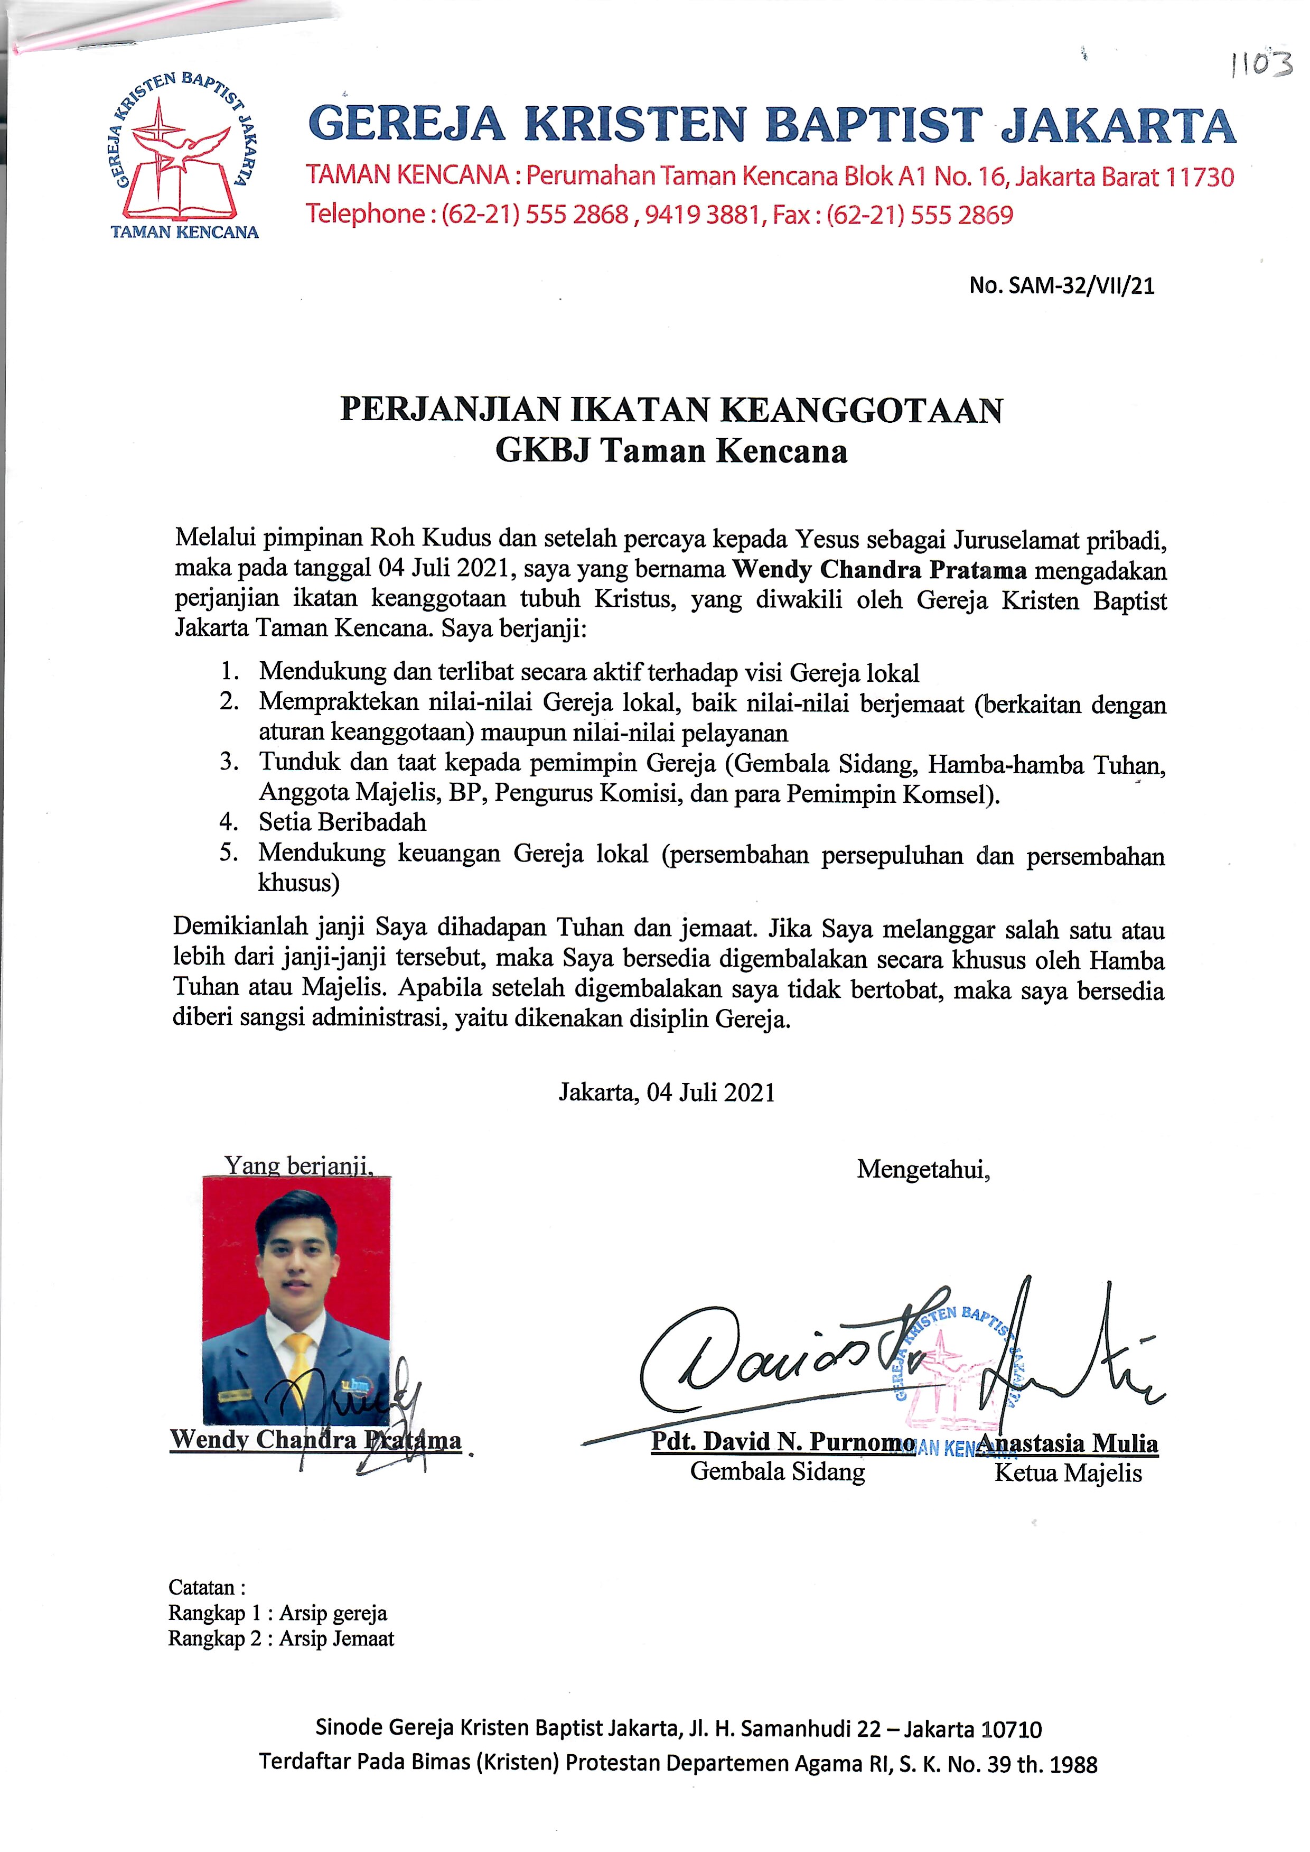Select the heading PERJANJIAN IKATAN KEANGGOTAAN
click(671, 410)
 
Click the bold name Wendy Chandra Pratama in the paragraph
click(879, 570)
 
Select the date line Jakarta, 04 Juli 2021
click(667, 1092)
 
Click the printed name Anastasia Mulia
click(1069, 1443)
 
